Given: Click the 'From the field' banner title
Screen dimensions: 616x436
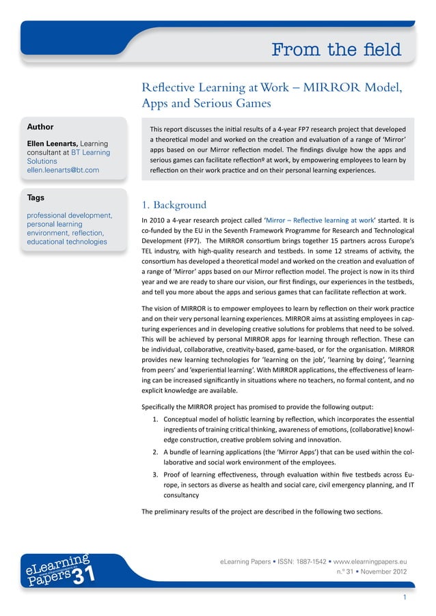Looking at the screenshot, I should tap(336, 50).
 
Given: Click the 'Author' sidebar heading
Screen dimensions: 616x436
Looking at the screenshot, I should tap(40, 127).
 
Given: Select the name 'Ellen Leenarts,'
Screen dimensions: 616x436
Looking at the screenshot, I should tap(52, 143).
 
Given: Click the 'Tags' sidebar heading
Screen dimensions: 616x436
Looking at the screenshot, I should tap(36, 197).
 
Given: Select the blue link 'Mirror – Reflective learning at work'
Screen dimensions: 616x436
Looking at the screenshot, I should tap(308, 221).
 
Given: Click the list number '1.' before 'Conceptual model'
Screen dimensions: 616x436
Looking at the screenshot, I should tap(156, 418).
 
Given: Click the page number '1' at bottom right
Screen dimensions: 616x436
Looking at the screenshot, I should tap(405, 598).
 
